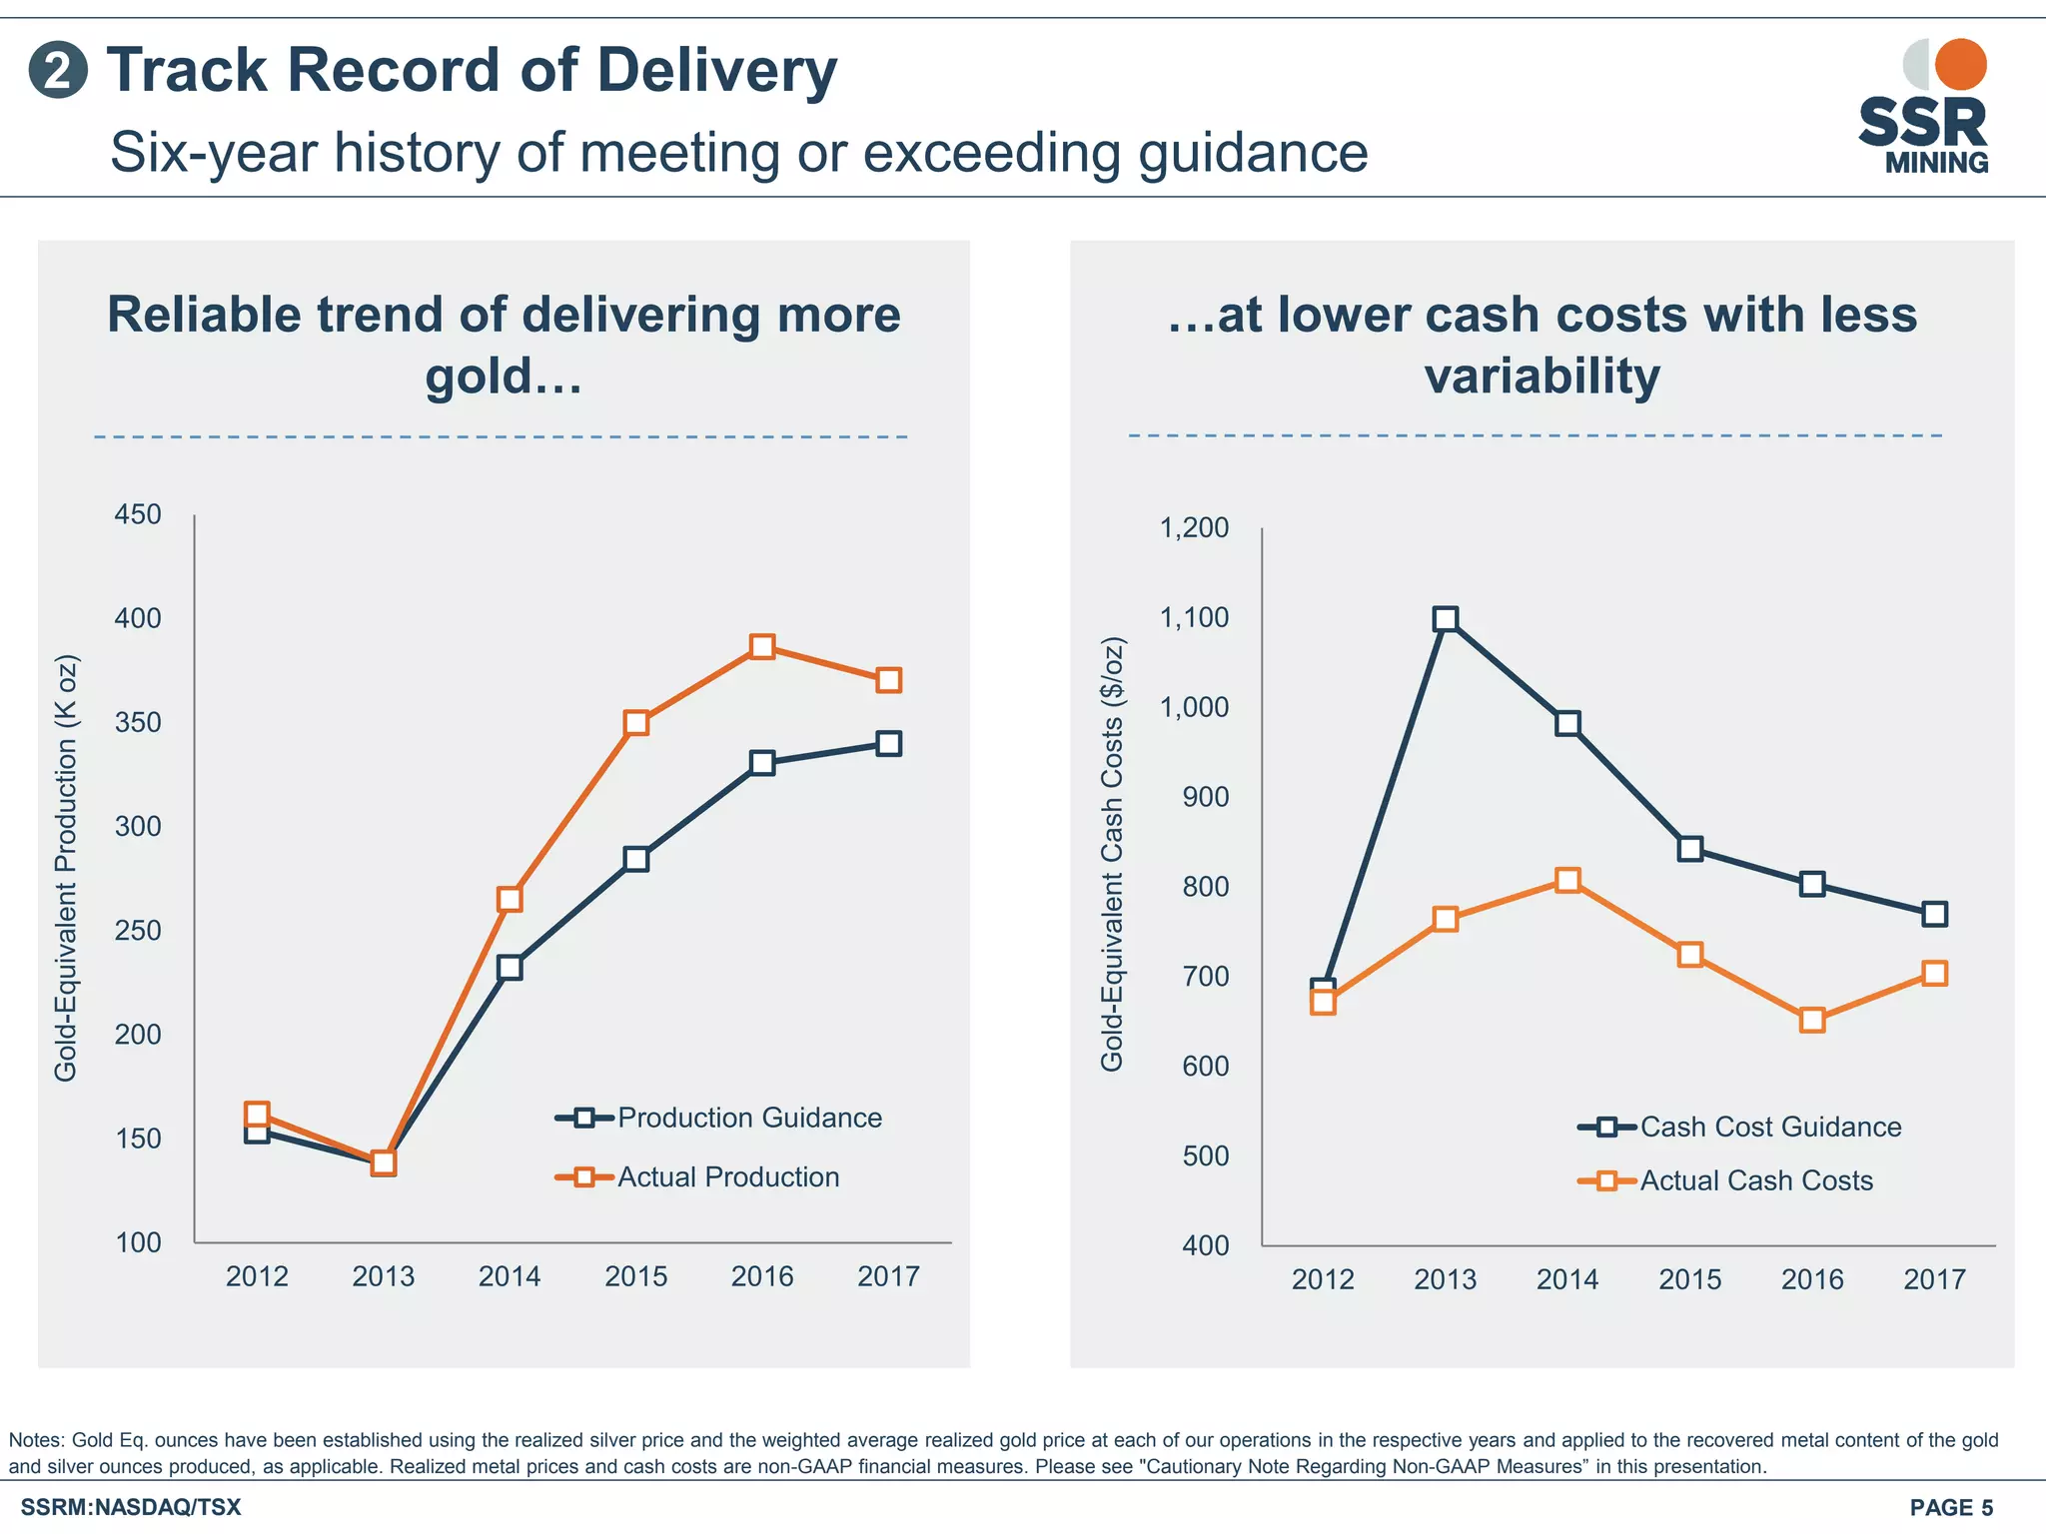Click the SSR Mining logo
(x=1923, y=108)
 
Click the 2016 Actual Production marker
(x=762, y=646)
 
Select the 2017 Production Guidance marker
(x=888, y=743)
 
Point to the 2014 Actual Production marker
(x=510, y=899)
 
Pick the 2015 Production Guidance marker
(x=636, y=859)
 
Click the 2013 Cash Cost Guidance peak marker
(x=1445, y=619)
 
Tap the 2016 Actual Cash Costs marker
(x=1812, y=1020)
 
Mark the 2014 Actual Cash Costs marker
(x=1567, y=880)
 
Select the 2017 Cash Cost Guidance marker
(x=1934, y=914)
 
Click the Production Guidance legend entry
(x=719, y=1118)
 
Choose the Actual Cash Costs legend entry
(x=1726, y=1180)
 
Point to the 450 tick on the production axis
(x=138, y=514)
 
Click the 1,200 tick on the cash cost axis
(x=1194, y=527)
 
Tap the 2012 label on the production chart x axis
(x=257, y=1276)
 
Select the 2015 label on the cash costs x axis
(x=1689, y=1279)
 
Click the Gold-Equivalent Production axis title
(x=66, y=867)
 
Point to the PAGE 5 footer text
(x=1951, y=1507)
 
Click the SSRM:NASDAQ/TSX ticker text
(x=131, y=1507)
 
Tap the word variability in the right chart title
(x=1541, y=377)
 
